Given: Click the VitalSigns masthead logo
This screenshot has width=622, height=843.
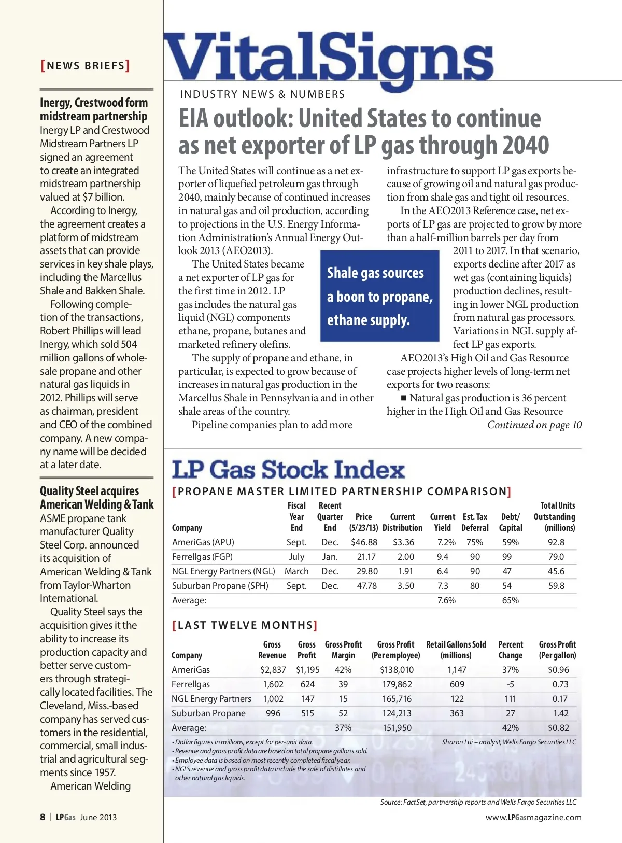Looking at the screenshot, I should point(328,58).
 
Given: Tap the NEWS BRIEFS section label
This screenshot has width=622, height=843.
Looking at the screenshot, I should point(86,66).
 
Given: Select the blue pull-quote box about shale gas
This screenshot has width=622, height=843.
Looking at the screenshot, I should point(379,296).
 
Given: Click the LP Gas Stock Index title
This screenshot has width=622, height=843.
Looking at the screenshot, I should point(288,470).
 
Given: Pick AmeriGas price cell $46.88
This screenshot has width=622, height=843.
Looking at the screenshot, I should point(364,542).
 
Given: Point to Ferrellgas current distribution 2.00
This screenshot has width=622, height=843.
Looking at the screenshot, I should point(405,557).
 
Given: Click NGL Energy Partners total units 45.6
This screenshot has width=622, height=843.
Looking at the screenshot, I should point(556,571).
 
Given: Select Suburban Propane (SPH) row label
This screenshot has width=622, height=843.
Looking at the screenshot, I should point(220,586).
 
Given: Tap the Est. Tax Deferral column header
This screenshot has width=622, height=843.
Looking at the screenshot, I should point(475,522).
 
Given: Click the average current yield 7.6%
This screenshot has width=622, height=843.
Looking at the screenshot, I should point(446,600).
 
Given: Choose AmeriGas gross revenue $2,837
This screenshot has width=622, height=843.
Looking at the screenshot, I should point(273,670).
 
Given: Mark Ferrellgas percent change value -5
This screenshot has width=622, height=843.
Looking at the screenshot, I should point(511,684).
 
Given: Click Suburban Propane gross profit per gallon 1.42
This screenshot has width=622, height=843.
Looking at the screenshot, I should point(560,713).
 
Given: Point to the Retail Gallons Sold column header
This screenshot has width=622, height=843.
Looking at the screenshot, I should point(456,650).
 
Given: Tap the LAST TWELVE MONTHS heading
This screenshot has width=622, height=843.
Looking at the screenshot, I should point(245,625).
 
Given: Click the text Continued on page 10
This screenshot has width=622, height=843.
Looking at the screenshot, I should point(534,425).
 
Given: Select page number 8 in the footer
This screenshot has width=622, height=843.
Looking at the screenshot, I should point(43,817).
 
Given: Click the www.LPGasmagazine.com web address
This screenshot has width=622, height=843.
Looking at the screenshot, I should point(533,818).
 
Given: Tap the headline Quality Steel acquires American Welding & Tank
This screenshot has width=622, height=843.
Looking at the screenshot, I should point(97,498).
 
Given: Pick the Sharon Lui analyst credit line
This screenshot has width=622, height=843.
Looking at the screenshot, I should point(509,742).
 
